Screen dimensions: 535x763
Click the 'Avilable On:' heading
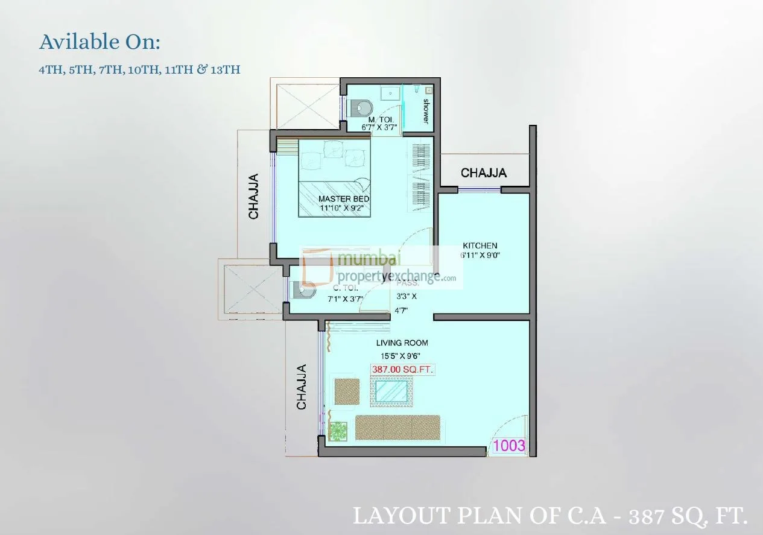coord(100,42)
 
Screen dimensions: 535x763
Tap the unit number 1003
coord(510,446)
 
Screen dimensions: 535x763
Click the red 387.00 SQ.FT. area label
coord(402,369)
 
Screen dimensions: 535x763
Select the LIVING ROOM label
coord(402,343)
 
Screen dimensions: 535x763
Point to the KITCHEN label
coord(480,245)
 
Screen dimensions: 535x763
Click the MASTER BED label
coord(344,199)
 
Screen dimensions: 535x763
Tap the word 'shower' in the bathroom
coord(426,111)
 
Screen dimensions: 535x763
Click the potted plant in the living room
coord(339,429)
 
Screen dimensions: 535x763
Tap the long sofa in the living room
coord(397,427)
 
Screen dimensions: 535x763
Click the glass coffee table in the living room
coord(391,391)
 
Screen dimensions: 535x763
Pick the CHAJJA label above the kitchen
coord(484,173)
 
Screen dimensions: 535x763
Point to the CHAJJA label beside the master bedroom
coord(254,197)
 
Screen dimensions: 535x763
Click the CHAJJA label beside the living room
coord(302,387)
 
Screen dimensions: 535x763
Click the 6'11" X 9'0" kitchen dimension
coord(480,255)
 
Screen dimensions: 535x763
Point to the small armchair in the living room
coord(346,391)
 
